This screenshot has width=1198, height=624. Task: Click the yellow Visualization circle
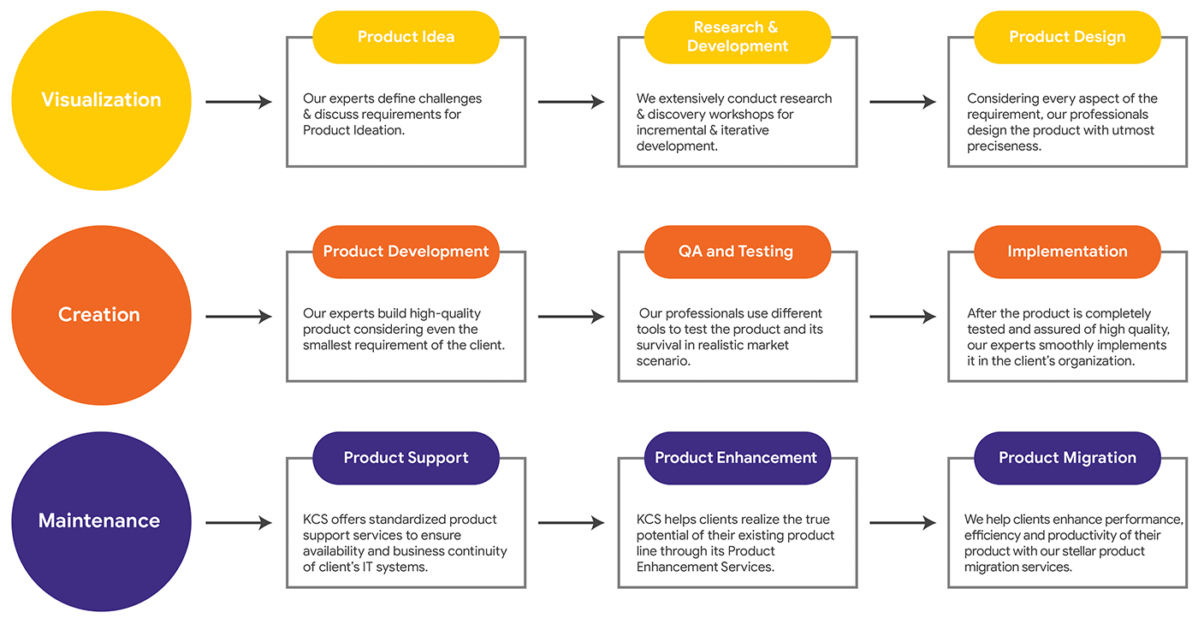(101, 100)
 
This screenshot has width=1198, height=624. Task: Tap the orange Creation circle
(101, 315)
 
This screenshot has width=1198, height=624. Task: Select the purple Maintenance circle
(101, 521)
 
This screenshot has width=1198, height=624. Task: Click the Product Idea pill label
(406, 37)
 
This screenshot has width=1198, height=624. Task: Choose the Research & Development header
(737, 37)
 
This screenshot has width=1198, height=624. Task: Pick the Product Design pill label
(1067, 37)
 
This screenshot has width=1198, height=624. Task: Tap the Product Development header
(406, 252)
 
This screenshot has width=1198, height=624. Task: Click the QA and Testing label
(737, 252)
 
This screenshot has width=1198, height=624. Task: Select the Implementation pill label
(1067, 252)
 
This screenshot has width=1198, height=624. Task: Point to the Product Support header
(406, 458)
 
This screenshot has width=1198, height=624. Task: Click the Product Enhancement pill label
(737, 458)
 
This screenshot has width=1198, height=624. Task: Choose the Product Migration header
(1067, 458)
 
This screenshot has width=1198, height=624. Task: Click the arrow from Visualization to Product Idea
(239, 102)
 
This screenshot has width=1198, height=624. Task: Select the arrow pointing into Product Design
(903, 102)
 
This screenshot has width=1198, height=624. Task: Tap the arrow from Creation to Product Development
(239, 317)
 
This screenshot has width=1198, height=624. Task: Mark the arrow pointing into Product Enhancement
(571, 523)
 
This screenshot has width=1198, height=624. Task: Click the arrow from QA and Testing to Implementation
(903, 317)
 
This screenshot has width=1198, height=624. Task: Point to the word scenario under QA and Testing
(663, 361)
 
